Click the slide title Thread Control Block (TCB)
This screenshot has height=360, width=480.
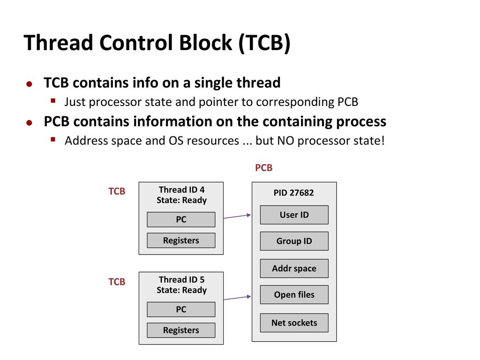pyautogui.click(x=157, y=43)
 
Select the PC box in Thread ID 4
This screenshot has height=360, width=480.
pyautogui.click(x=181, y=219)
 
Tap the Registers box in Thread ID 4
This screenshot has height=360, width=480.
pyautogui.click(x=181, y=240)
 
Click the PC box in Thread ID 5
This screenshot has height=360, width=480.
pyautogui.click(x=181, y=309)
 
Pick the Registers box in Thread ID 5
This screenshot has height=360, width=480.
pyautogui.click(x=181, y=330)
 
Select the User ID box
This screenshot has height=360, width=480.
pyautogui.click(x=294, y=215)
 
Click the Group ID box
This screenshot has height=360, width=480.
pyautogui.click(x=294, y=241)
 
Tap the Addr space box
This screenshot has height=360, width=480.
pyautogui.click(x=294, y=269)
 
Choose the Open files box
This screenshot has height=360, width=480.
pyautogui.click(x=294, y=295)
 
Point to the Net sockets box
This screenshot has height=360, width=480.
pyautogui.click(x=294, y=323)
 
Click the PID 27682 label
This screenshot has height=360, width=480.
pyautogui.click(x=294, y=193)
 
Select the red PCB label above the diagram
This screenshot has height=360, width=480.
pyautogui.click(x=263, y=168)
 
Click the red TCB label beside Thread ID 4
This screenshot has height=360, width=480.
pyautogui.click(x=117, y=192)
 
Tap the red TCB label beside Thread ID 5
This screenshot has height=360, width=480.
pyautogui.click(x=117, y=282)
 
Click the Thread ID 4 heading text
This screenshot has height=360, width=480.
pyautogui.click(x=181, y=190)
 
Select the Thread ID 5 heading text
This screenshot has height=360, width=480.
pyautogui.click(x=181, y=280)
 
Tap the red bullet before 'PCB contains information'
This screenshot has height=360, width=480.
pyautogui.click(x=29, y=123)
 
